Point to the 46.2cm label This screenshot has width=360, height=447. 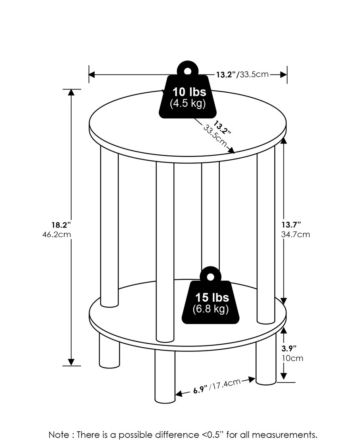tap(56, 235)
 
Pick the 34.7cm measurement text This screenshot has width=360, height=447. tap(295, 234)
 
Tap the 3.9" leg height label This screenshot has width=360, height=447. tap(289, 348)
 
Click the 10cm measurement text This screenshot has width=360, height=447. tap(293, 358)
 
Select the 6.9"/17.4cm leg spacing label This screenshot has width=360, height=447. tap(217, 386)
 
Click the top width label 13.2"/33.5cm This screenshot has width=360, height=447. tap(242, 74)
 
